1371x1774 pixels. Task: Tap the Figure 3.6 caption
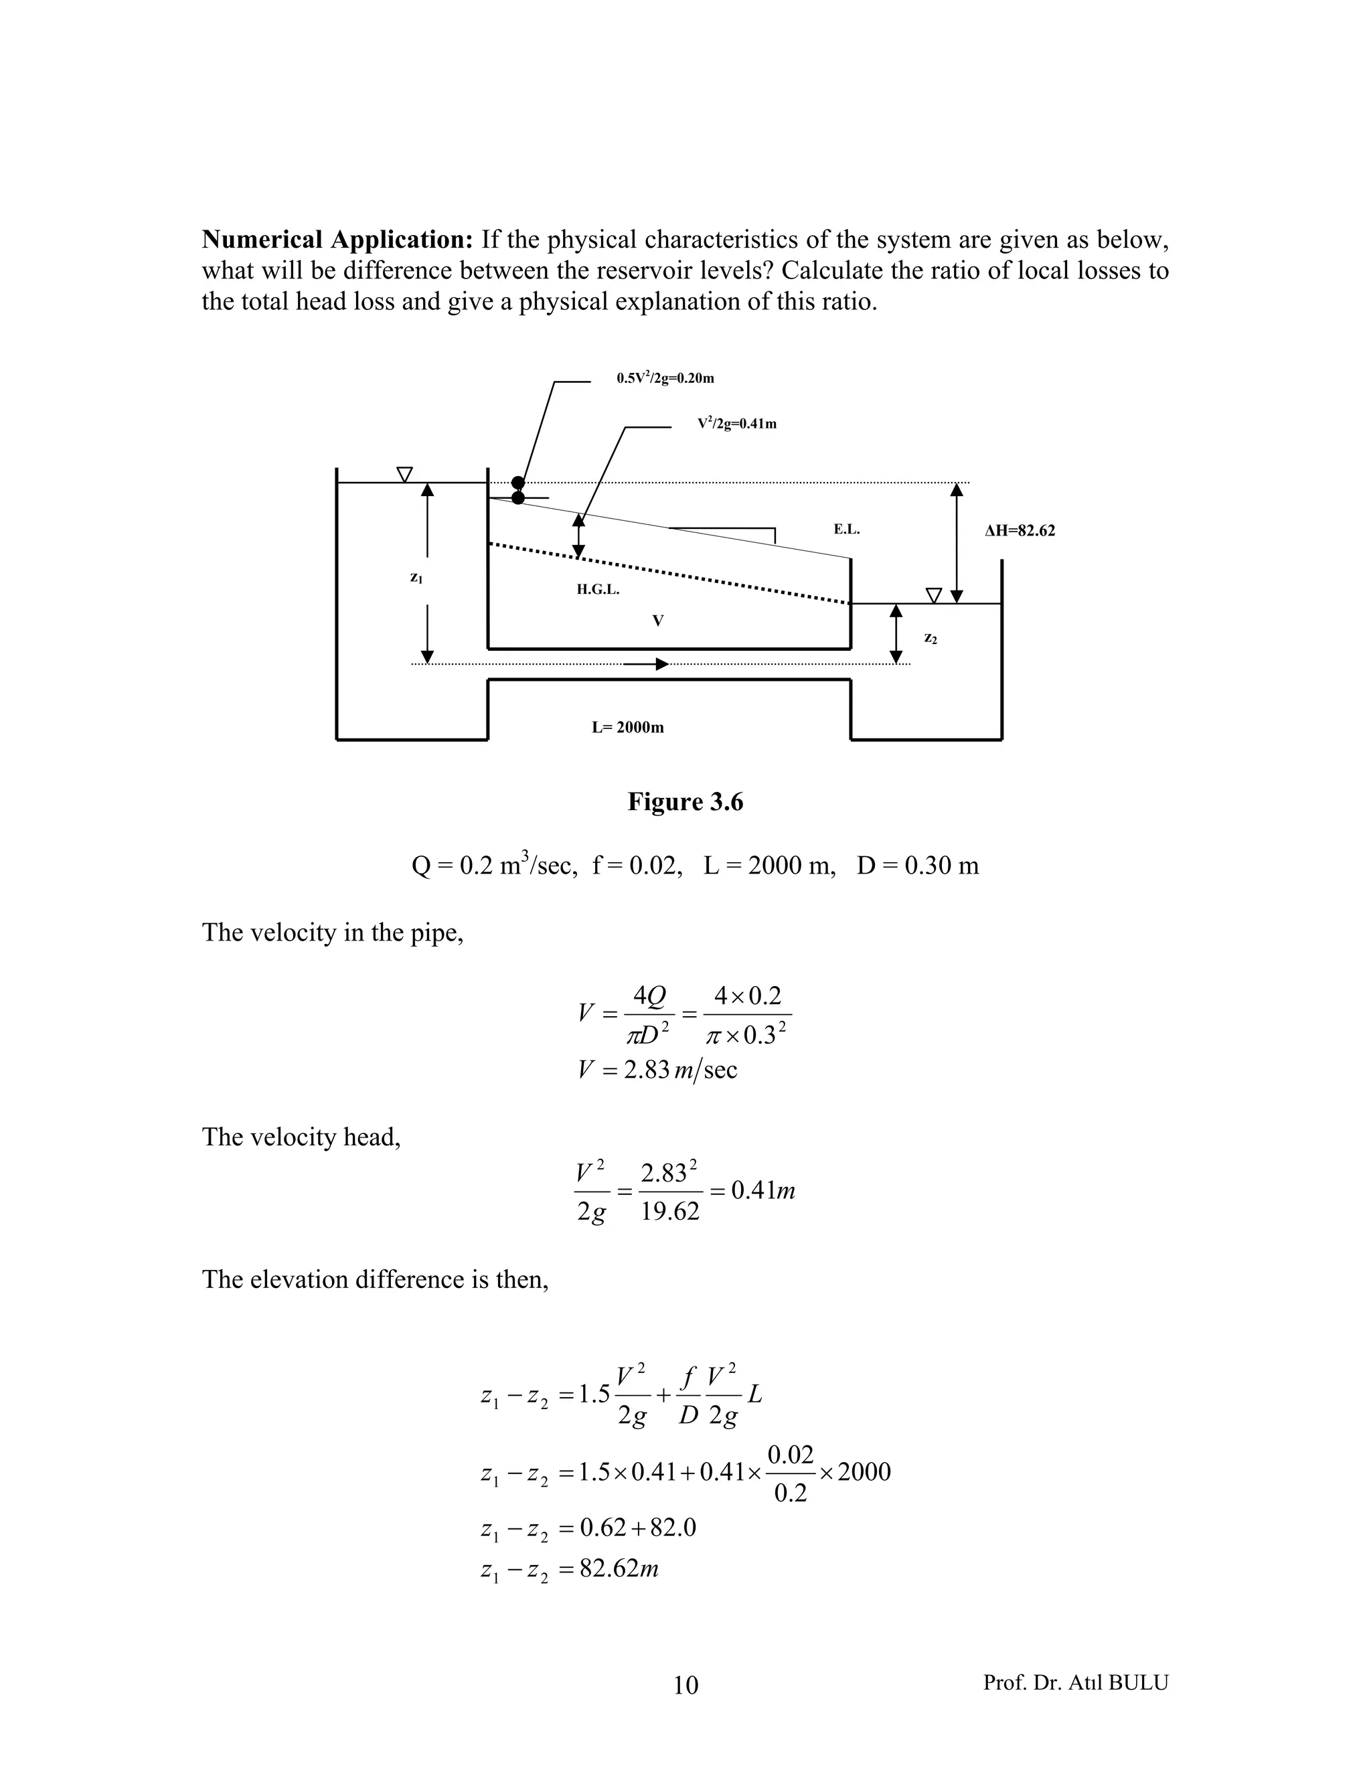tap(685, 802)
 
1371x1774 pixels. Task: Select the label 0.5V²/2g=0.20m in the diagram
tap(665, 378)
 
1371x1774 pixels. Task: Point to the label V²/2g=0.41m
tap(736, 424)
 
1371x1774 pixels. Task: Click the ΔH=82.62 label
tap(1020, 532)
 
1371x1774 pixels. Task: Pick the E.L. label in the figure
tap(846, 530)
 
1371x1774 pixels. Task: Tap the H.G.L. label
tap(598, 590)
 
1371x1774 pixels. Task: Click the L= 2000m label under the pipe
tap(627, 728)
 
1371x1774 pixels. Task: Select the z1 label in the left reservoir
tap(416, 578)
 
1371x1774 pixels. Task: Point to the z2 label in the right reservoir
tap(931, 639)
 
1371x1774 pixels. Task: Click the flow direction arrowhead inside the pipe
tap(662, 665)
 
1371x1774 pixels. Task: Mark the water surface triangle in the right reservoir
tap(934, 595)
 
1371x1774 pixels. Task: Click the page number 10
tap(685, 1686)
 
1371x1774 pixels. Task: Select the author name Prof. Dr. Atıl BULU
tap(1075, 1682)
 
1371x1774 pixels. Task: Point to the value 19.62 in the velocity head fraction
tap(669, 1212)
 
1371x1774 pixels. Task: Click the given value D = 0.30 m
tap(918, 866)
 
